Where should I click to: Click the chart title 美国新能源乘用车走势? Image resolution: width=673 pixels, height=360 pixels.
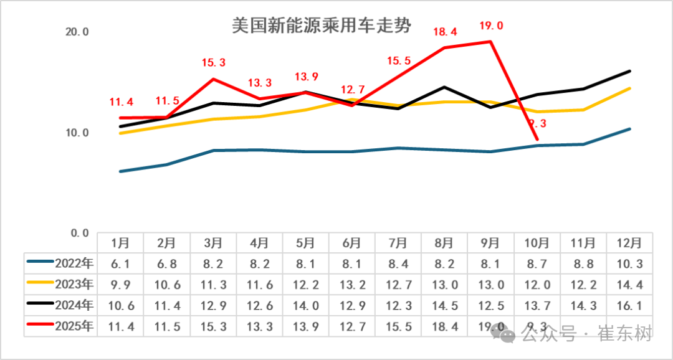pos(321,27)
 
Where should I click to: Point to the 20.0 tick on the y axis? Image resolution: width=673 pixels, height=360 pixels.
pos(77,32)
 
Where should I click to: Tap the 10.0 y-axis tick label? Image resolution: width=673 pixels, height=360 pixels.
pos(77,133)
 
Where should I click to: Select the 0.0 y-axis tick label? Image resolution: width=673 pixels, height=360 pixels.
pos(79,233)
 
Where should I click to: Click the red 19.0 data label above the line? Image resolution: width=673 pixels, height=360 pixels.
pos(491,26)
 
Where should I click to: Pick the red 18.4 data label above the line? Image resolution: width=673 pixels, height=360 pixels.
pos(445,32)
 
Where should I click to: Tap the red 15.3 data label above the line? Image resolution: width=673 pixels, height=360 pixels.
pos(214,63)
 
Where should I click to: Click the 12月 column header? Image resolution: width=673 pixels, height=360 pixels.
pos(630,242)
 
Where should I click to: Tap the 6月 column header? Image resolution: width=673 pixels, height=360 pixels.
pos(352,242)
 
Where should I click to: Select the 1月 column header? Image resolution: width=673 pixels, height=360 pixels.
pos(120,242)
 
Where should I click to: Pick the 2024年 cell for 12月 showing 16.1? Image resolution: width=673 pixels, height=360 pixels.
pos(630,305)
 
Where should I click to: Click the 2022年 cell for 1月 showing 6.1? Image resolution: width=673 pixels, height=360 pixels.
pos(120,263)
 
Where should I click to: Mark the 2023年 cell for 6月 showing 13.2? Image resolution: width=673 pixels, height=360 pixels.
pos(352,284)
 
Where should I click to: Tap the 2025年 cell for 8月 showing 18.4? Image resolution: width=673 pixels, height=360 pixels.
pos(445,326)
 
